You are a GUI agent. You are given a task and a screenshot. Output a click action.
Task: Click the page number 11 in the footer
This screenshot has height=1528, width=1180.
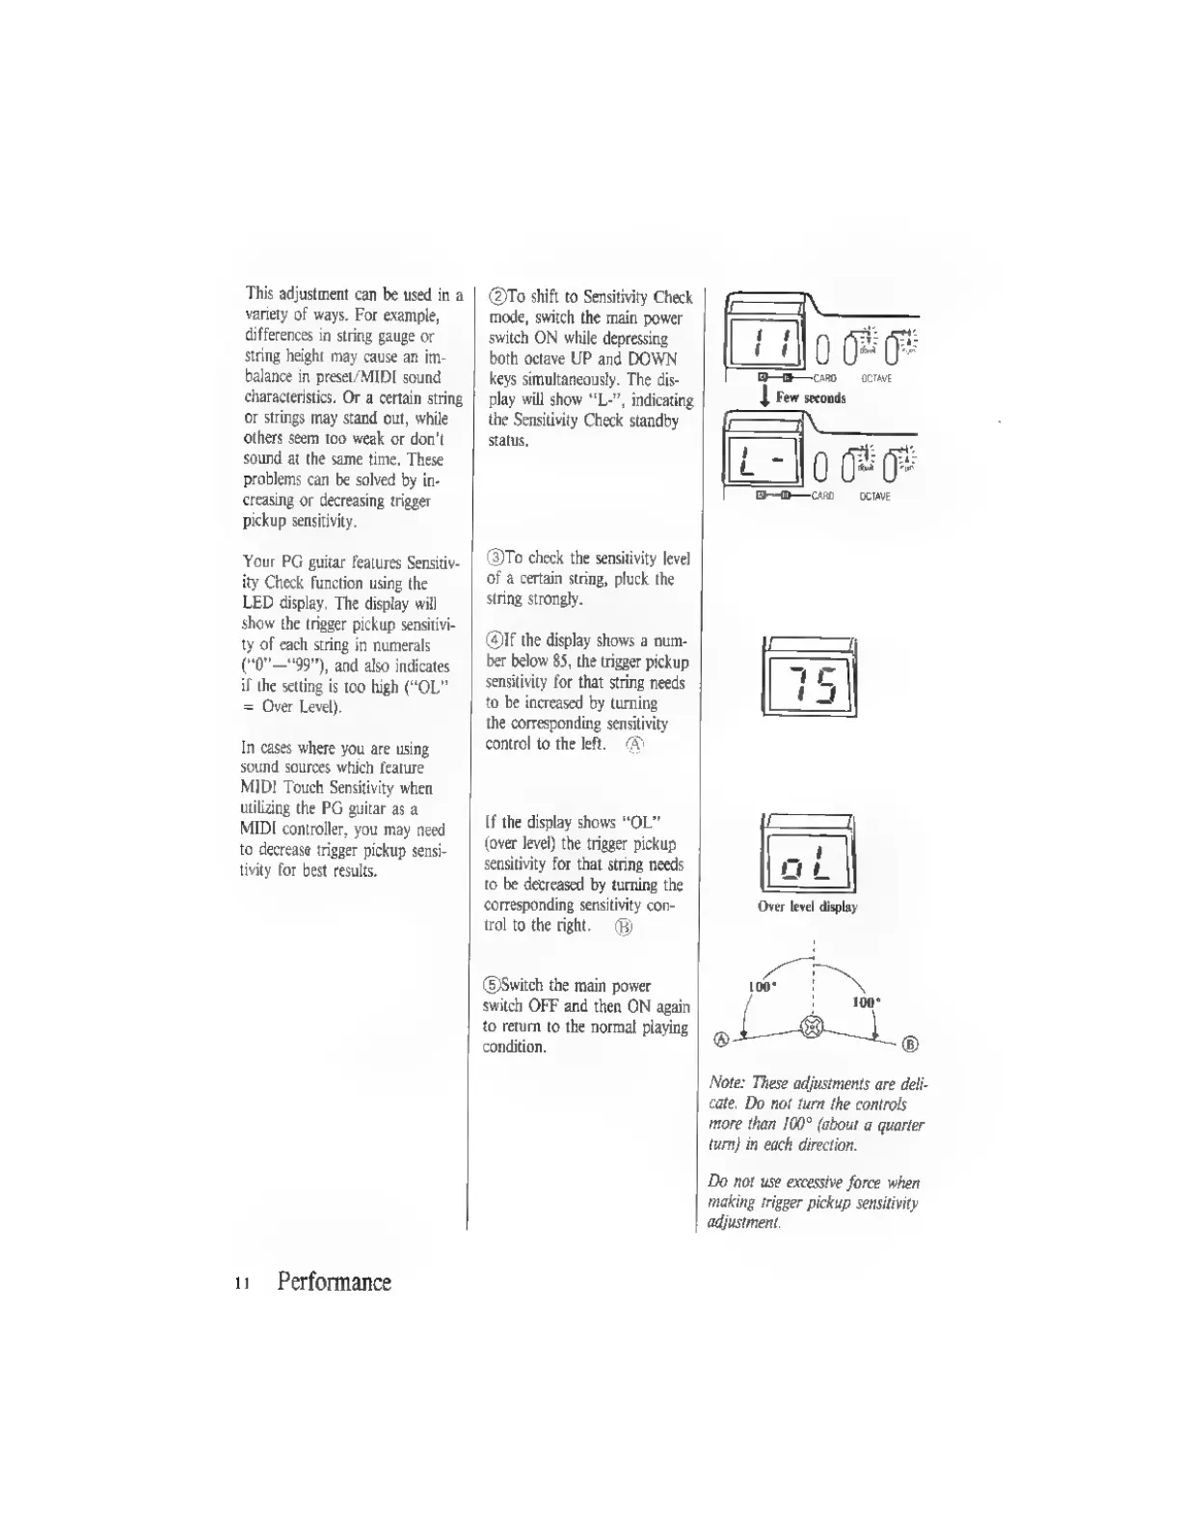(x=243, y=1284)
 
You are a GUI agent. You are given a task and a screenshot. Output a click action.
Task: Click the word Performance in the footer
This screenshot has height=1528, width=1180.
(x=334, y=1282)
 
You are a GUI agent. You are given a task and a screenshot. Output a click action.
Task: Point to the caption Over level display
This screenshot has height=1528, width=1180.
(x=807, y=907)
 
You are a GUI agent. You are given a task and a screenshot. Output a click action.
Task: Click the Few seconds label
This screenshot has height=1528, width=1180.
(x=811, y=398)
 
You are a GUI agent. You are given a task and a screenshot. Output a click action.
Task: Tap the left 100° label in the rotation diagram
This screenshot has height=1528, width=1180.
(x=762, y=987)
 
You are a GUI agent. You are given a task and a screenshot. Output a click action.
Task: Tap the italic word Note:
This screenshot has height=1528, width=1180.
(x=727, y=1083)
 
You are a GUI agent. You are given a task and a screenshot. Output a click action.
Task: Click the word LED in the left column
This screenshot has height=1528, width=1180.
(x=258, y=604)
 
